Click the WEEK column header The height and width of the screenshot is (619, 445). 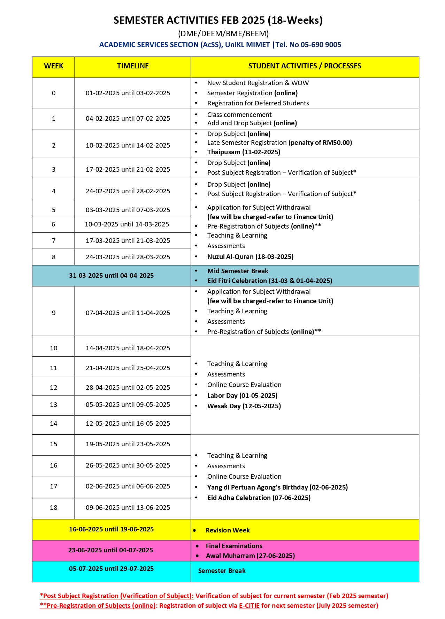pyautogui.click(x=53, y=66)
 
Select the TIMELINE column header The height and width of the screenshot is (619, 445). pyautogui.click(x=132, y=66)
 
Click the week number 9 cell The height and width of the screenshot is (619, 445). pyautogui.click(x=53, y=313)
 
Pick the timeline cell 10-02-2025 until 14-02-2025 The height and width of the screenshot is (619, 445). pyautogui.click(x=128, y=146)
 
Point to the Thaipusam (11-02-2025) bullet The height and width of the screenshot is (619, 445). pyautogui.click(x=244, y=152)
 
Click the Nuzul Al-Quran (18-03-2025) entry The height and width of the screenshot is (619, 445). pyautogui.click(x=250, y=257)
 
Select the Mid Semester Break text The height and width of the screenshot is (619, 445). pyautogui.click(x=238, y=271)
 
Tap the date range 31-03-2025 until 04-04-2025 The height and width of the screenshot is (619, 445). pyautogui.click(x=111, y=276)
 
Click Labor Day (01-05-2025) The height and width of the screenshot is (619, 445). pyautogui.click(x=242, y=396)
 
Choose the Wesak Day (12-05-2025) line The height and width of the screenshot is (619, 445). pyautogui.click(x=244, y=406)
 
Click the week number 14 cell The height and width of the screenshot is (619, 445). pyautogui.click(x=53, y=424)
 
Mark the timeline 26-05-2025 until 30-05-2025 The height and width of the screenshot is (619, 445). pyautogui.click(x=128, y=465)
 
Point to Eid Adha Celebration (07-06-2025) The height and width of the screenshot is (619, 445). pyautogui.click(x=259, y=498)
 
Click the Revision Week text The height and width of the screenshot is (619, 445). pyautogui.click(x=228, y=530)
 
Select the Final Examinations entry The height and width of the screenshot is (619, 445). pyautogui.click(x=234, y=546)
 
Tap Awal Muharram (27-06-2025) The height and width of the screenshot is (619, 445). pyautogui.click(x=250, y=556)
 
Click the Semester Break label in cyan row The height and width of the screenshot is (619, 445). pyautogui.click(x=222, y=571)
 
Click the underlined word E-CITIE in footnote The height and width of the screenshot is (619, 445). pyautogui.click(x=249, y=606)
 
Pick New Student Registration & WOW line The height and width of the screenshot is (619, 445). pyautogui.click(x=258, y=83)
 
